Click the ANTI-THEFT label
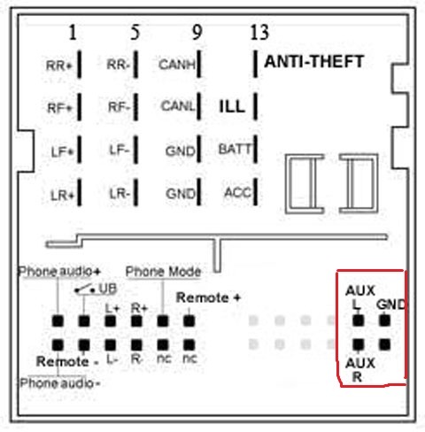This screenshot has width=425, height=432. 313,62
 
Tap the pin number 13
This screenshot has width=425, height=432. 259,32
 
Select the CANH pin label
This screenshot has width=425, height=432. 177,65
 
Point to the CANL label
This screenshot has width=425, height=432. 178,105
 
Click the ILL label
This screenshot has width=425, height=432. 232,106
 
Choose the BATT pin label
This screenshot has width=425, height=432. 235,149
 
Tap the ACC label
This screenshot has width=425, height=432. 238,192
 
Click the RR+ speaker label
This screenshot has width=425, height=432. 59,66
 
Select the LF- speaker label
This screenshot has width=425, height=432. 120,150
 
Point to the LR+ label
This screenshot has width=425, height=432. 62,196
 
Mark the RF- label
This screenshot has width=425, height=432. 119,107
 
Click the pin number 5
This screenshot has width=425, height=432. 135,32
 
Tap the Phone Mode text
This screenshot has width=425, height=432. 163,272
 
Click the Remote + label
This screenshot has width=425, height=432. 208,297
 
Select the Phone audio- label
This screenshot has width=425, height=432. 60,383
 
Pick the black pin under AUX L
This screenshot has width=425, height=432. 358,320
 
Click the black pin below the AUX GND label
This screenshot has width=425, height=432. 384,320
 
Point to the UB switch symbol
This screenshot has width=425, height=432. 84,289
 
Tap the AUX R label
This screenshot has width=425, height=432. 360,370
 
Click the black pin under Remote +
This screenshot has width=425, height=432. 189,321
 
